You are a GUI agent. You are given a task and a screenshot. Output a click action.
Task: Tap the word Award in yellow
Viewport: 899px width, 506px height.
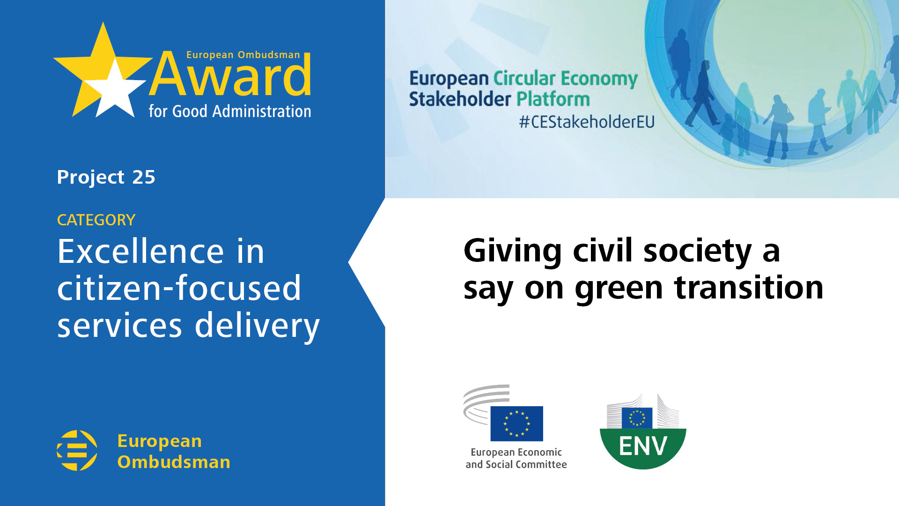click(230, 75)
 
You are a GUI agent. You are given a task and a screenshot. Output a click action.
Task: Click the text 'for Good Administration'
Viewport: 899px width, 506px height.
click(230, 112)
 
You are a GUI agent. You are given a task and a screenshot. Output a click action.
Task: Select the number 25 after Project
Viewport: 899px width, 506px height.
click(144, 177)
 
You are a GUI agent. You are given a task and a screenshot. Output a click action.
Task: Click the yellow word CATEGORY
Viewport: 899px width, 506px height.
click(96, 220)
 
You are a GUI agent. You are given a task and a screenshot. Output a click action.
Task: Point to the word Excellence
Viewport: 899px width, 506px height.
click(140, 252)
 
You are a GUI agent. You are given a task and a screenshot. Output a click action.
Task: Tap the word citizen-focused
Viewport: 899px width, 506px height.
click(179, 288)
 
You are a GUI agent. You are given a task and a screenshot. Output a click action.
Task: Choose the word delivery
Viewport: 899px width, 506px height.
click(257, 326)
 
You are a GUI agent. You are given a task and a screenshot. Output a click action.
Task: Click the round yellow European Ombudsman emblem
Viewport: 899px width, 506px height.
click(77, 450)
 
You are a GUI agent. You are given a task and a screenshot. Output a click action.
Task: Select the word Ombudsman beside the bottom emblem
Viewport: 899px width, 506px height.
click(174, 462)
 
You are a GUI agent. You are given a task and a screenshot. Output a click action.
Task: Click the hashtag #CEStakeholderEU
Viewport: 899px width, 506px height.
click(587, 122)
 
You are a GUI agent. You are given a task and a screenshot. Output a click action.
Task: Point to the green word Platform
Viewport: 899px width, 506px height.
click(553, 99)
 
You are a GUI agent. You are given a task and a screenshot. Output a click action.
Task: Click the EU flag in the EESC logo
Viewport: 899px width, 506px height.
click(517, 424)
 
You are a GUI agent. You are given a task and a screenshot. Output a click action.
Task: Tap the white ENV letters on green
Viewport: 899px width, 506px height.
click(643, 446)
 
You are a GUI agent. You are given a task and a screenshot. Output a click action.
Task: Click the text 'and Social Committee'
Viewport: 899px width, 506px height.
click(516, 464)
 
